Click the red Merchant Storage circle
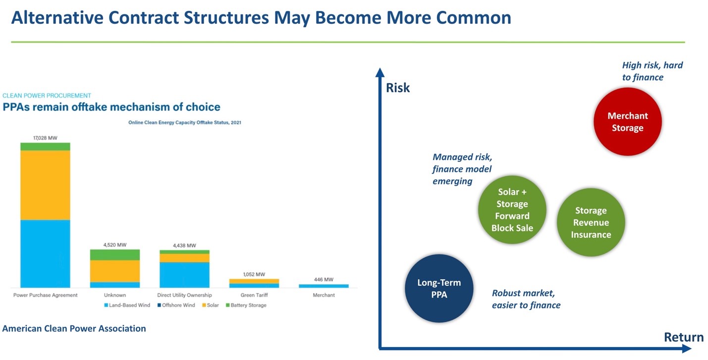627,122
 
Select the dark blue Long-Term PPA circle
439,289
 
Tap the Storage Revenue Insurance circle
591,223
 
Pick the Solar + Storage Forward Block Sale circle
512,210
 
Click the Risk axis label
398,88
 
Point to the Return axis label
683,337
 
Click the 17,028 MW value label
45,137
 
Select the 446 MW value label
324,280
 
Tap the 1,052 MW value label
254,274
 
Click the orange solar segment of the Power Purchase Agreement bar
45,185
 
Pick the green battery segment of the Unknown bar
114,255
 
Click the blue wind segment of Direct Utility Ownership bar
184,275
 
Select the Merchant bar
324,286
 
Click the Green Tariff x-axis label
254,295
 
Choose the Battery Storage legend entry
248,305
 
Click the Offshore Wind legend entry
178,305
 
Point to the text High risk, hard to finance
652,71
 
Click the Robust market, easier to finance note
526,299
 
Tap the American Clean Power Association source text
74,328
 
